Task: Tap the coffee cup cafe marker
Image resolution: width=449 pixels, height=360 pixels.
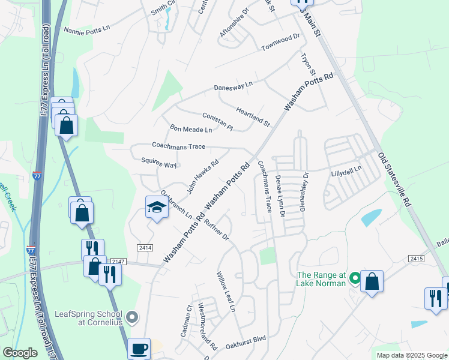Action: (x=140, y=347)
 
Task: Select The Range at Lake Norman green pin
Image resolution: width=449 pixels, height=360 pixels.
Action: (x=355, y=278)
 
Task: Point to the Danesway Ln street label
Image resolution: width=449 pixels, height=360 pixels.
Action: (x=234, y=87)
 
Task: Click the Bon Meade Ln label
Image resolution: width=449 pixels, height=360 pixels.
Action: (x=191, y=129)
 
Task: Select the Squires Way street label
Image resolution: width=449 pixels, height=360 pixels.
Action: (x=158, y=163)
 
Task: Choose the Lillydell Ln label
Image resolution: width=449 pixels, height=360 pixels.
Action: (x=346, y=170)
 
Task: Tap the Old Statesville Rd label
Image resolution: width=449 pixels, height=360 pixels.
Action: (x=394, y=179)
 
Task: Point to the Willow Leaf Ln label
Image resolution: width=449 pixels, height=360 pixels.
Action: (x=226, y=292)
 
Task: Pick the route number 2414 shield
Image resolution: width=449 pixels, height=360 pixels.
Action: (x=145, y=247)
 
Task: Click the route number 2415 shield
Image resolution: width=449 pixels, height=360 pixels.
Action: (x=417, y=258)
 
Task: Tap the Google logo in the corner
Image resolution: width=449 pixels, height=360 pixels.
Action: (x=20, y=353)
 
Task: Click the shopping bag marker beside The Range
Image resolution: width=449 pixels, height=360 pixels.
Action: (x=372, y=281)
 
